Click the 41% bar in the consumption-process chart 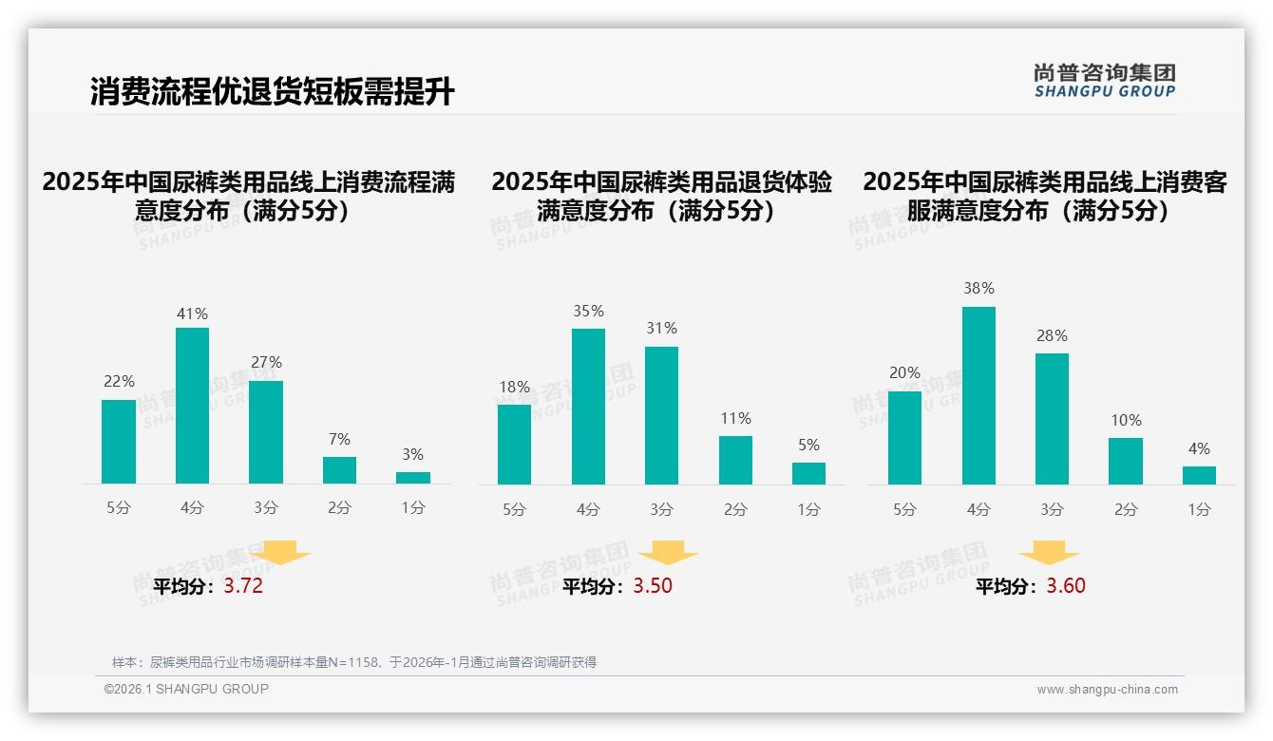coord(192,406)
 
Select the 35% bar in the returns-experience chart coord(588,407)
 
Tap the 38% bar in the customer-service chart coord(978,395)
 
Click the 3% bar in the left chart coord(413,478)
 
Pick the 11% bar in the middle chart coord(735,461)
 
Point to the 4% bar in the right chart coord(1199,475)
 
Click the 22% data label coord(119,381)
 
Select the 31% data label coord(661,328)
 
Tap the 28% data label coord(1052,335)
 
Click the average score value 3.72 coord(243,586)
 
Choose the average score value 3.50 coord(653,586)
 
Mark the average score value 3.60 coord(1066,586)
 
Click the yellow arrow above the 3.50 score coord(668,553)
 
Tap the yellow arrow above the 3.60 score coord(1049,553)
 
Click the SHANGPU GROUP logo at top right coord(1104,81)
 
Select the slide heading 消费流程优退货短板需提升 coord(273,92)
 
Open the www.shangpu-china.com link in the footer coord(1107,690)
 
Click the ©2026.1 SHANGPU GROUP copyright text coord(186,689)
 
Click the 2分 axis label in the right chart coord(1126,509)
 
